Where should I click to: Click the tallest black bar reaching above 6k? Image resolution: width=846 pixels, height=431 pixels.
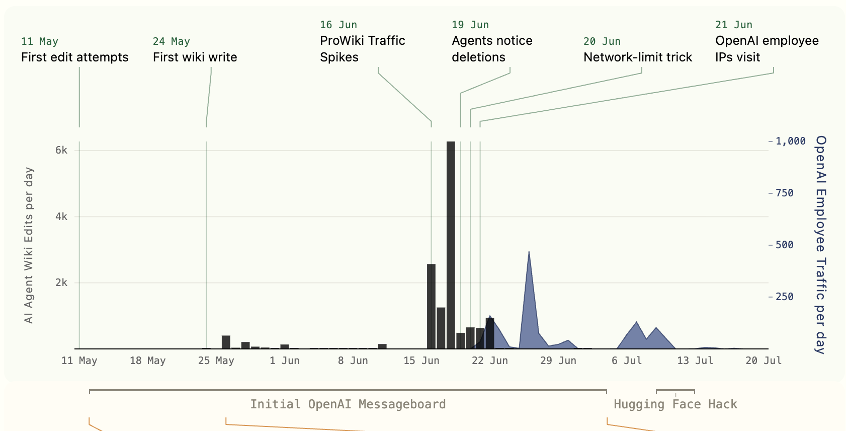click(451, 245)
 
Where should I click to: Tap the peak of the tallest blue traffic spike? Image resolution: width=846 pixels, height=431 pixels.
click(529, 251)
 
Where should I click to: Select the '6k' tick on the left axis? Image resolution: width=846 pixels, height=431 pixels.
click(61, 151)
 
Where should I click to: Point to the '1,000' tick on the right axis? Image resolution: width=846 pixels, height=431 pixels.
click(791, 141)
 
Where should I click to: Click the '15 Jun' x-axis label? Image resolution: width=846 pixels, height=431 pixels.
click(421, 361)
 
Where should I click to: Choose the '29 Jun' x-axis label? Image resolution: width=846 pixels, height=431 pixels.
click(558, 361)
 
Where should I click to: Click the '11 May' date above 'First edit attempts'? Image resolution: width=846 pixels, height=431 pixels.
click(40, 41)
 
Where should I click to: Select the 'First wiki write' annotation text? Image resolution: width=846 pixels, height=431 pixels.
click(195, 57)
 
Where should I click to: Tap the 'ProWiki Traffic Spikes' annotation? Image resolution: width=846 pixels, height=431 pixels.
click(363, 49)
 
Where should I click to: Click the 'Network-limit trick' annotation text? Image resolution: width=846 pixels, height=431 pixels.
click(638, 57)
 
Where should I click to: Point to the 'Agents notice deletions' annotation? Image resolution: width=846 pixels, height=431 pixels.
click(492, 49)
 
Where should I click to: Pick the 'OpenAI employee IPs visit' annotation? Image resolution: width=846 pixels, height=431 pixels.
click(767, 49)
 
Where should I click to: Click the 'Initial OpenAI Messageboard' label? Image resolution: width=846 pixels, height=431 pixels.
click(348, 404)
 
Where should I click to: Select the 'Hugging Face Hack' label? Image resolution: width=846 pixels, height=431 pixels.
click(675, 404)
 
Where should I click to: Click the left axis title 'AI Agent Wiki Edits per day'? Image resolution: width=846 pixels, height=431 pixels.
click(29, 245)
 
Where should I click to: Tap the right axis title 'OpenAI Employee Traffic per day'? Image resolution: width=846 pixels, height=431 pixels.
click(821, 245)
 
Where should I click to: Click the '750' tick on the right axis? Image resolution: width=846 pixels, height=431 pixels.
click(785, 193)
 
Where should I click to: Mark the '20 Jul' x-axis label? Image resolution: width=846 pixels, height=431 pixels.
click(764, 361)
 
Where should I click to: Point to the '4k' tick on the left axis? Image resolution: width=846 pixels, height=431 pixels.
click(61, 217)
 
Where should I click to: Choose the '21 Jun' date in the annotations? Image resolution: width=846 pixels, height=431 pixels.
click(733, 25)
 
